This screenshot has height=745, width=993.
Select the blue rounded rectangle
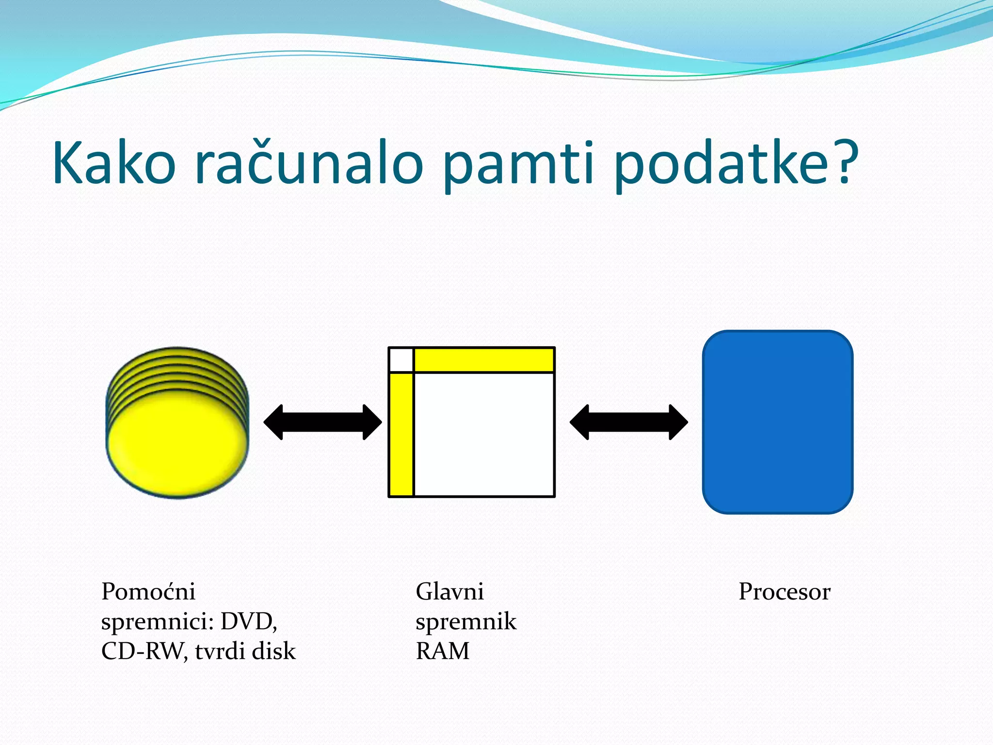tap(777, 422)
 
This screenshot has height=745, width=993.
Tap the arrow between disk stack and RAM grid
tap(322, 422)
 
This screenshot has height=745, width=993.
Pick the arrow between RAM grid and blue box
tap(628, 422)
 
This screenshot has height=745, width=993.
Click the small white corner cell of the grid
tap(401, 360)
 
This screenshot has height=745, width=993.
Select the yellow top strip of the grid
tap(484, 360)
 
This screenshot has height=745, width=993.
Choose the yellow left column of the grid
tap(401, 434)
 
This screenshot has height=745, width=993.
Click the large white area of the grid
tap(484, 434)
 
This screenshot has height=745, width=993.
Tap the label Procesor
tap(784, 592)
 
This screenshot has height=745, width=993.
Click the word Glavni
tap(449, 592)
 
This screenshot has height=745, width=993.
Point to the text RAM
tap(442, 651)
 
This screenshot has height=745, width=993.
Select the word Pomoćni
tap(148, 592)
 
